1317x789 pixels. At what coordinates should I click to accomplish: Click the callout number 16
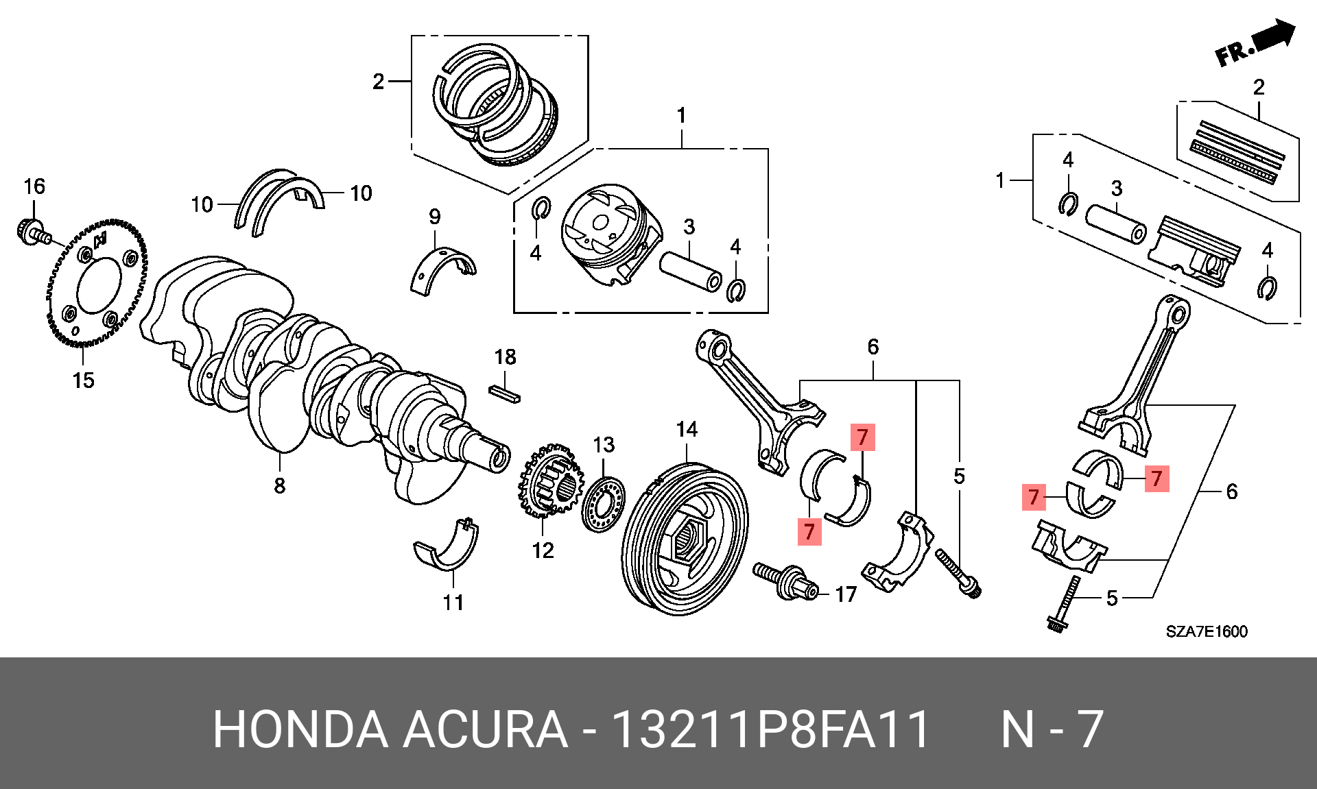tap(34, 186)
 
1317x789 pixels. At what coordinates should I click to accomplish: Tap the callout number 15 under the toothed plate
tap(83, 380)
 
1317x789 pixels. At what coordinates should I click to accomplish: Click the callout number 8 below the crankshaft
tap(279, 486)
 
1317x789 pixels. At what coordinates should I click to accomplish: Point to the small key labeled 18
tap(505, 394)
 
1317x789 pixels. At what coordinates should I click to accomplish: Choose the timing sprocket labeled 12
tap(551, 482)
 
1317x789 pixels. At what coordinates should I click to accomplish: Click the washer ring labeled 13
tap(604, 506)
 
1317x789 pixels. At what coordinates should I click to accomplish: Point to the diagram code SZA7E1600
tap(1207, 631)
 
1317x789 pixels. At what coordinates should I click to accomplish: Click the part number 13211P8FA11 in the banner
tap(770, 729)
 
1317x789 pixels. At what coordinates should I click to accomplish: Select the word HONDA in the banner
tap(300, 729)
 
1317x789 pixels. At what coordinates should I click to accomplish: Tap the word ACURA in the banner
tap(484, 729)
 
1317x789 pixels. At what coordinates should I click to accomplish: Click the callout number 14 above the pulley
tap(687, 430)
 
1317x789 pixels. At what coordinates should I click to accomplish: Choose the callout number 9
tap(435, 217)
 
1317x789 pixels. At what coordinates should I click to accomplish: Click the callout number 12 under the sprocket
tap(543, 550)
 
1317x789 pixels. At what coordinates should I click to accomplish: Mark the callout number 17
tap(846, 594)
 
